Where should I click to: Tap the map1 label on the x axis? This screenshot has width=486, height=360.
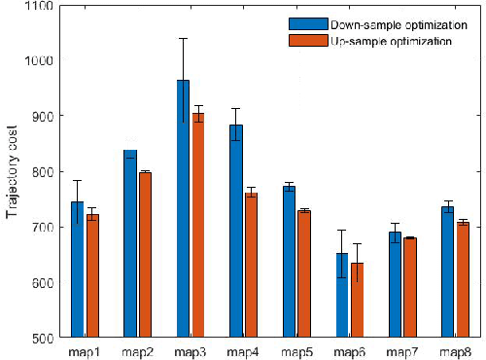coord(84,350)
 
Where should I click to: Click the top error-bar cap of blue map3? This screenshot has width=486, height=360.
coord(183,38)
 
